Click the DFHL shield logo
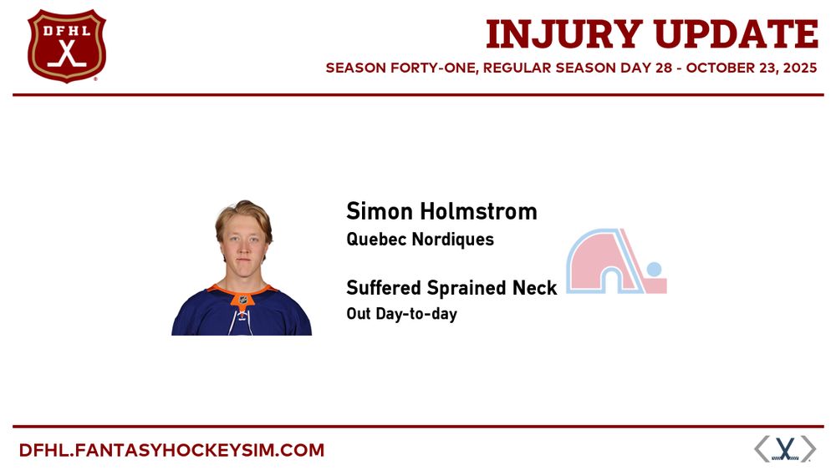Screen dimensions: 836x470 [67, 46]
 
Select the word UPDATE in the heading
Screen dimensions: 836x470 [737, 34]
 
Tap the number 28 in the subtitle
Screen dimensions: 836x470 [665, 68]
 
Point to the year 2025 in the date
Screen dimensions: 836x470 [800, 68]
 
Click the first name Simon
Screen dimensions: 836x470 [380, 211]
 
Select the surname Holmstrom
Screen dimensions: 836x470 [479, 211]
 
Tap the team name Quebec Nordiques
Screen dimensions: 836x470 [421, 240]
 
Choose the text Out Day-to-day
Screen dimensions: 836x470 [401, 314]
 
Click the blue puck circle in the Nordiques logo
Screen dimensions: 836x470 [654, 269]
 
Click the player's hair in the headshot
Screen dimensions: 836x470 [243, 215]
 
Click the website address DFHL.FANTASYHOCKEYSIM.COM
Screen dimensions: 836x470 [171, 450]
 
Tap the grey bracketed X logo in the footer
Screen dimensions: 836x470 [785, 448]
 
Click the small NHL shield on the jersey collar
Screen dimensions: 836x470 [242, 301]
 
